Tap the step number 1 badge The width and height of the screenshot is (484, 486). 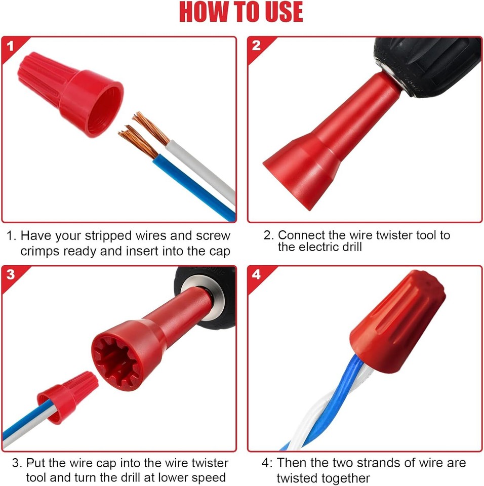11,47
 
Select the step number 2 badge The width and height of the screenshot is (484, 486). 256,46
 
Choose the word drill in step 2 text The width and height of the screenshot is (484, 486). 348,248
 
